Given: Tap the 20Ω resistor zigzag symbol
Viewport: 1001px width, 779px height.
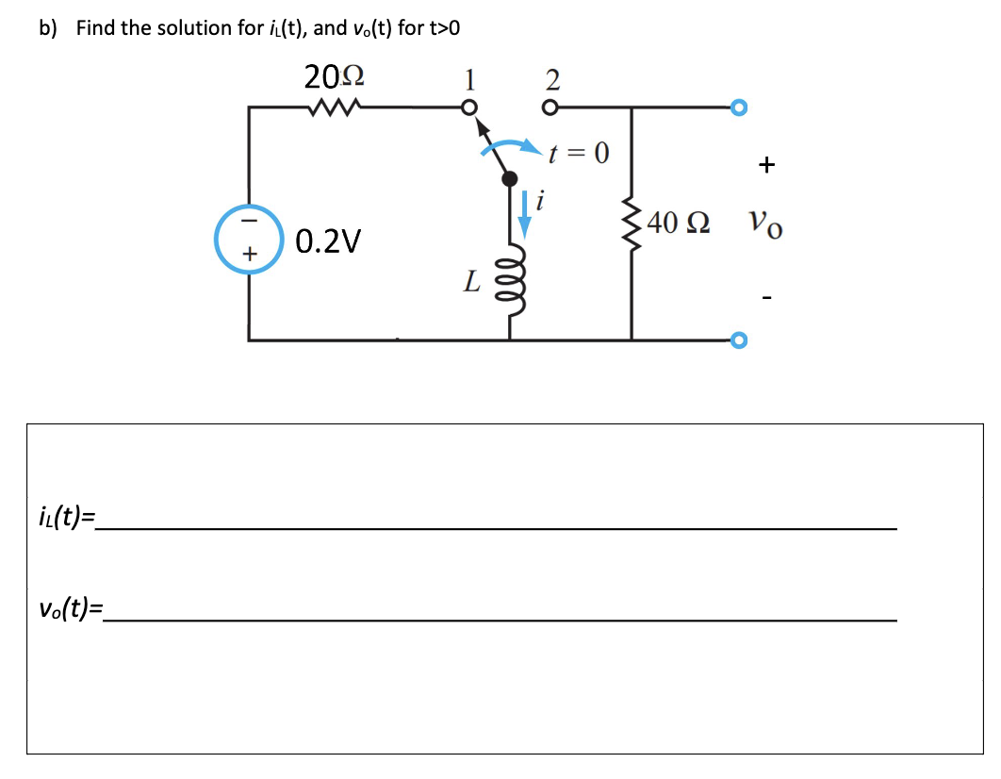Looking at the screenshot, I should coord(332,108).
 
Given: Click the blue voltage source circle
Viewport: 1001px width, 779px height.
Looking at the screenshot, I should coord(249,241).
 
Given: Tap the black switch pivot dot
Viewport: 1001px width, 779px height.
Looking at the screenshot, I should coord(509,178).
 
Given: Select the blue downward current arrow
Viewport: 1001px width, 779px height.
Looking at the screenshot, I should coord(525,210).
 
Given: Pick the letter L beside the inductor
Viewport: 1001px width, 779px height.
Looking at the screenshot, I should coord(473,280).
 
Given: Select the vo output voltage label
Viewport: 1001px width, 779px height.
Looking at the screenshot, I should coord(764,225).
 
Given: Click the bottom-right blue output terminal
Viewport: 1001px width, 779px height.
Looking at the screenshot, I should coord(739,339).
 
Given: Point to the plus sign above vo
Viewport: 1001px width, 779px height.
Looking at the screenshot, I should coord(766,166).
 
